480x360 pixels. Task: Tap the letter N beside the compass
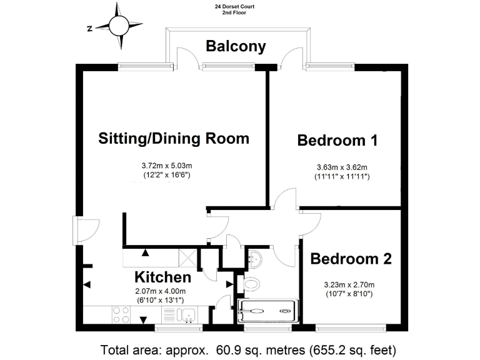[x=90, y=27]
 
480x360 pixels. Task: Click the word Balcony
[x=236, y=46]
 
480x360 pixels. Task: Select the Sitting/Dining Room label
[x=174, y=138]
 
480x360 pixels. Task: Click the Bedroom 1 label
[x=337, y=140]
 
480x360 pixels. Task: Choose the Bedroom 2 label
[x=351, y=259]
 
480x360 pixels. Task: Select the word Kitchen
[x=162, y=277]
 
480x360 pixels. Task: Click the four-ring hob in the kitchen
[x=121, y=314]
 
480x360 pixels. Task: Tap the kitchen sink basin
[x=187, y=314]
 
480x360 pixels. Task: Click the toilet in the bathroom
[x=251, y=285]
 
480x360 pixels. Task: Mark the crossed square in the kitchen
[x=187, y=256]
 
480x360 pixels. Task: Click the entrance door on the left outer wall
[x=85, y=230]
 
